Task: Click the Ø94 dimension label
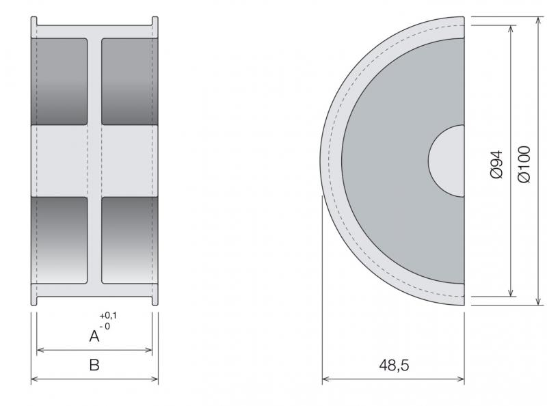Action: pyautogui.click(x=497, y=164)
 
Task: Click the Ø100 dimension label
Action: pyautogui.click(x=524, y=164)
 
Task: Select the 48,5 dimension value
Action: pyautogui.click(x=394, y=365)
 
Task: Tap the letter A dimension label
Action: pyautogui.click(x=94, y=336)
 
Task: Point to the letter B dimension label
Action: pyautogui.click(x=94, y=365)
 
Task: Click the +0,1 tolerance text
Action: pyautogui.click(x=108, y=316)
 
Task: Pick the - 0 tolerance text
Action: pyautogui.click(x=105, y=327)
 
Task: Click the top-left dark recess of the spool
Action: pyautogui.click(x=59, y=81)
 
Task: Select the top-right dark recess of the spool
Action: pyautogui.click(x=130, y=81)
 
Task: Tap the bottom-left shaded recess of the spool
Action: pyautogui.click(x=59, y=241)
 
